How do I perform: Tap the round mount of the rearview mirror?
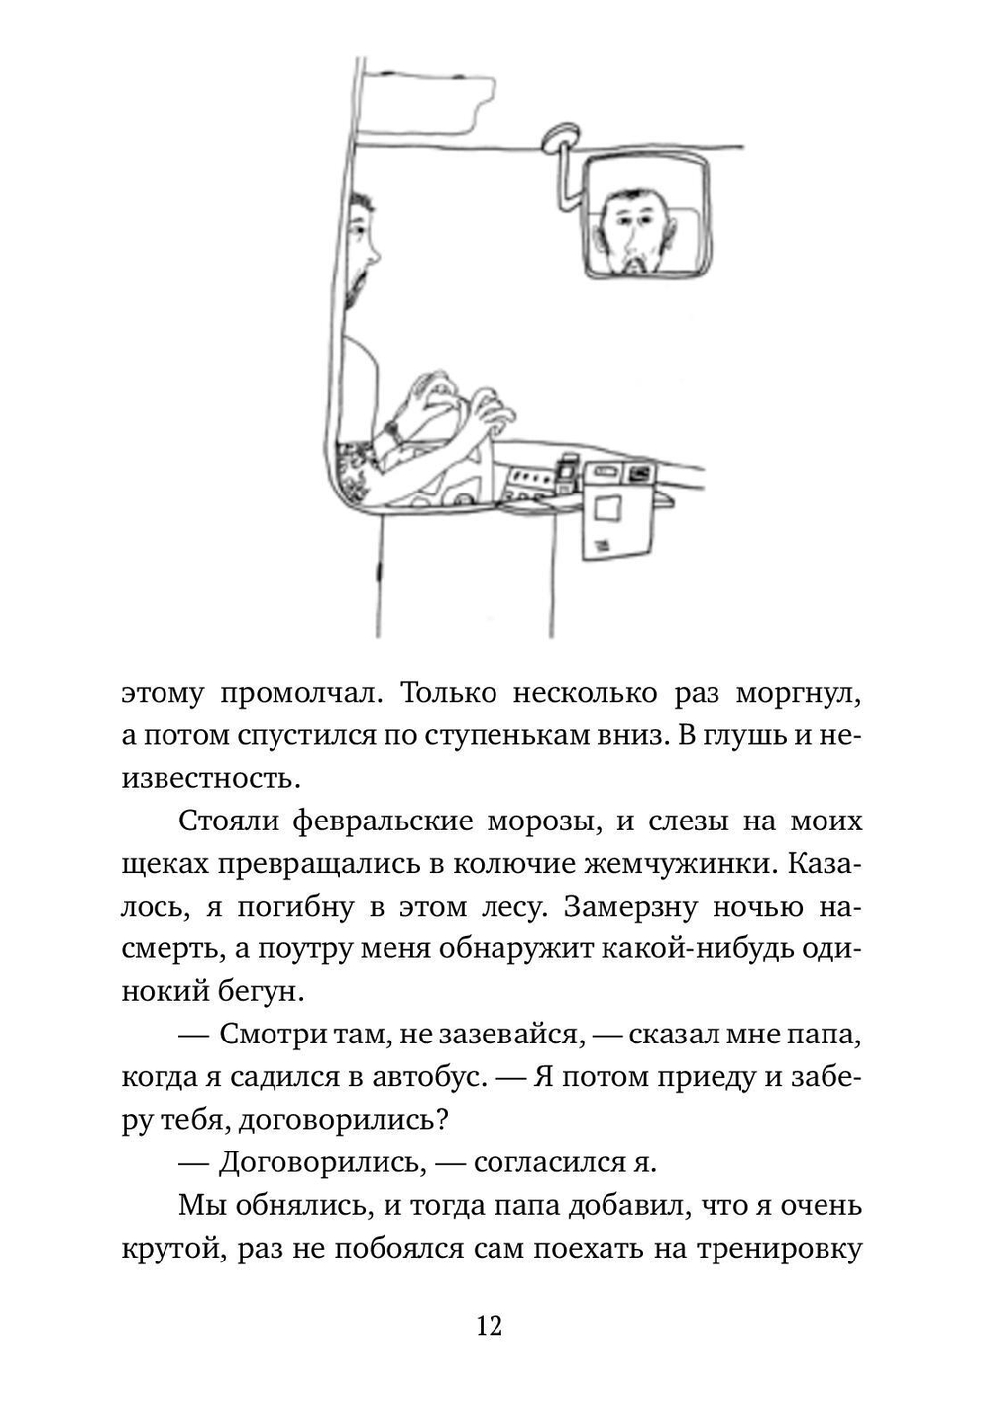561,137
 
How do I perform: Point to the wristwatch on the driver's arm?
393,433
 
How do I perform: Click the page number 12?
490,1326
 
